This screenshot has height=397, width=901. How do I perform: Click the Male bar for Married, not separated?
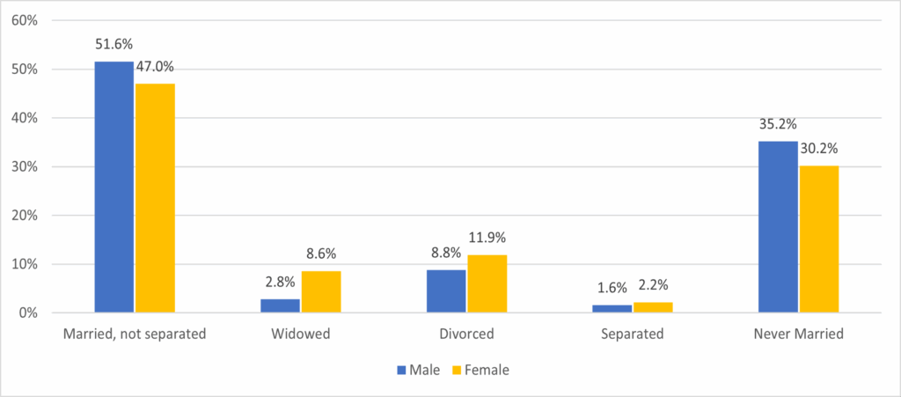coord(114,187)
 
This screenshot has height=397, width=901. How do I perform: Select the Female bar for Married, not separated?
coord(155,198)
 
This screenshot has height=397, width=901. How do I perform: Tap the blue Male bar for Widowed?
coord(280,305)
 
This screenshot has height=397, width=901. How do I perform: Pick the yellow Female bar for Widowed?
coord(320,291)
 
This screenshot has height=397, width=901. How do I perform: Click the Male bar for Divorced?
coord(446,290)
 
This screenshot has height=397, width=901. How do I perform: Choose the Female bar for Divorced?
coord(487,283)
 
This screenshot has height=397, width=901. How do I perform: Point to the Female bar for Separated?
coord(653,307)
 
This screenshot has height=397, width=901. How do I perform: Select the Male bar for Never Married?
coord(778,226)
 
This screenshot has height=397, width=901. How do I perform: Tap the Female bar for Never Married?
coord(819,239)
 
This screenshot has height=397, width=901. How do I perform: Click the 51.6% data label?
coord(114,43)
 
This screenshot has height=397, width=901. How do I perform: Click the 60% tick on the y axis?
coord(25,20)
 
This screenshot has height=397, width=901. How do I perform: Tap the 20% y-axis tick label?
coord(25,216)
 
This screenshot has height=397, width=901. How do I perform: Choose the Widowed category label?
coord(300,335)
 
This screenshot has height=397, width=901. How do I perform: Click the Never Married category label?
coord(799,335)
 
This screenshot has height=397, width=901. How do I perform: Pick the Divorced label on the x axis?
coord(466,335)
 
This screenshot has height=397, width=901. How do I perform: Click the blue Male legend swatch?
coord(401,370)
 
